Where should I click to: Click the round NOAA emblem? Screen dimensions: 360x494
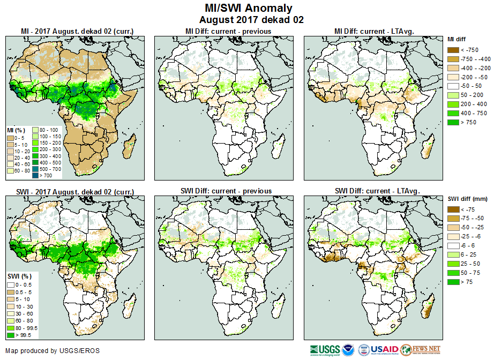click(x=349, y=350)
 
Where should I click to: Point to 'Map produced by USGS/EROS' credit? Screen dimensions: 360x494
click(x=53, y=351)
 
